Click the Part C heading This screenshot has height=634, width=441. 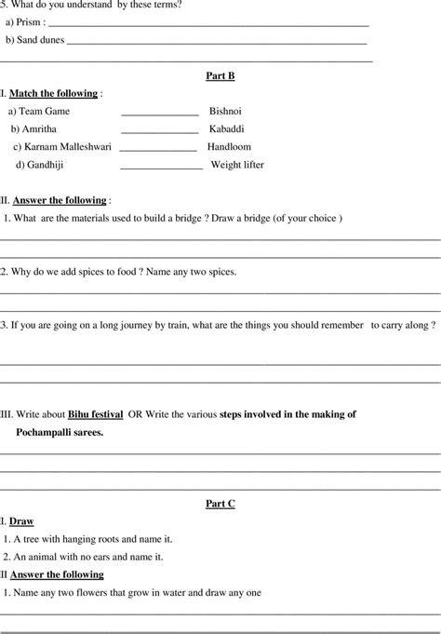pos(220,503)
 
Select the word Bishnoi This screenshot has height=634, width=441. pos(225,111)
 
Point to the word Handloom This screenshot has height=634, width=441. pos(229,146)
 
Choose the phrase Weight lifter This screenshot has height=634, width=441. pos(237,165)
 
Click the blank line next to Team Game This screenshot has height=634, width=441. pos(160,114)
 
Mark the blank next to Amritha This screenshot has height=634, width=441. pos(160,131)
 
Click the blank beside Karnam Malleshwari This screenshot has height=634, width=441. pos(158,149)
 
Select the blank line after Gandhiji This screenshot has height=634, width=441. pos(161,168)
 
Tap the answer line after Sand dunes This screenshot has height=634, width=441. pos(217,43)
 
